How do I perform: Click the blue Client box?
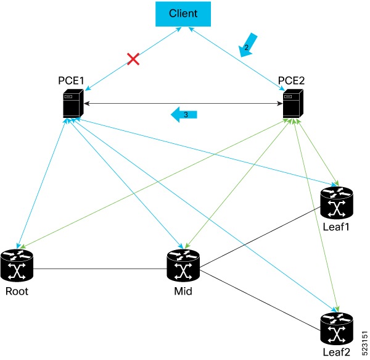183,13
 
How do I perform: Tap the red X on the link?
132,59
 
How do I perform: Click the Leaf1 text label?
337,227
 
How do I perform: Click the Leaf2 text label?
337,352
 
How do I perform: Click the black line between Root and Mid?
99,269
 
